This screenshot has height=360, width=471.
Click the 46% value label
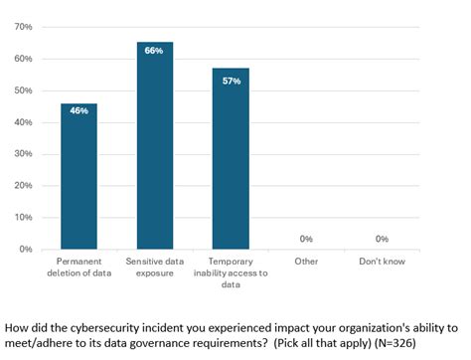tap(78, 110)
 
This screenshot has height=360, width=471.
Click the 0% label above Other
tap(306, 239)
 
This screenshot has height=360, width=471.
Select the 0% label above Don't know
tap(383, 239)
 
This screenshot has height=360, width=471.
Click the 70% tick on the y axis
tap(24, 27)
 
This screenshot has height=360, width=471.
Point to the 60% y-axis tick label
tap(24, 59)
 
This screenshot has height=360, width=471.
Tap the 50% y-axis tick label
tap(24, 90)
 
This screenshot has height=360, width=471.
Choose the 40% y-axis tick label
tap(24, 122)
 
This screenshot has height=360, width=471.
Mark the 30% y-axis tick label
tap(24, 154)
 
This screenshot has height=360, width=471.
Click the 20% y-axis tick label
tap(24, 186)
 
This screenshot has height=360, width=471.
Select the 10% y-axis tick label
tap(24, 218)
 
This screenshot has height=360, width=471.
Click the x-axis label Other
tap(306, 261)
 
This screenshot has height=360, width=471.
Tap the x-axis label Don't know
tap(383, 261)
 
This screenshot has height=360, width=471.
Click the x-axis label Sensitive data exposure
tap(154, 266)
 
